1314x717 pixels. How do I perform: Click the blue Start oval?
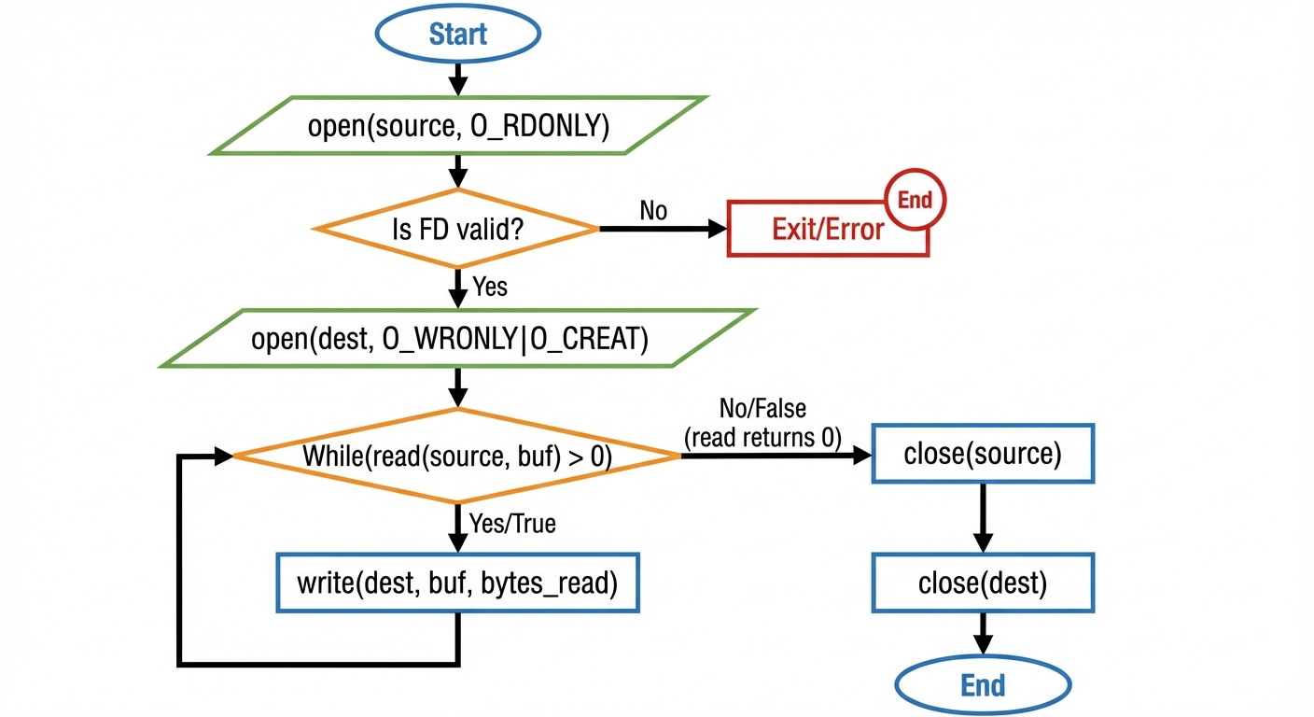[457, 34]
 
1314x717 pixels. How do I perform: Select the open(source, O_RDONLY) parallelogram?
[457, 125]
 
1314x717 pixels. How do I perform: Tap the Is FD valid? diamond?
[457, 229]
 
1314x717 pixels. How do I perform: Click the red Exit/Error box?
[827, 230]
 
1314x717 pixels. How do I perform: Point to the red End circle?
[915, 199]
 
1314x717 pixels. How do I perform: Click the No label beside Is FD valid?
[653, 211]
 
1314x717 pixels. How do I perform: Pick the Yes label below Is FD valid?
[490, 286]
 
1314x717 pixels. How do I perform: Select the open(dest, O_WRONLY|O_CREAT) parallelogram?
[457, 339]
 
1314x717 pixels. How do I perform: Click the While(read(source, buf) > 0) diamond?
[457, 457]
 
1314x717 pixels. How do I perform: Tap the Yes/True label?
[512, 524]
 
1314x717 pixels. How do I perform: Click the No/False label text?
[762, 408]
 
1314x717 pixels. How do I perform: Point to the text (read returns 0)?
[762, 436]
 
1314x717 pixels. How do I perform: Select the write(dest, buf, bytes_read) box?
[457, 583]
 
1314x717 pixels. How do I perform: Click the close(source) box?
[983, 455]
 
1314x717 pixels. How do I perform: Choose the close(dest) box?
[983, 583]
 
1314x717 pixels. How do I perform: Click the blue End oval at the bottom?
[983, 685]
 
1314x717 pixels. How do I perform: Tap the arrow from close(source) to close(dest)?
[983, 518]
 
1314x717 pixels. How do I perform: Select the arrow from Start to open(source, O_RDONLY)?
[457, 78]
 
